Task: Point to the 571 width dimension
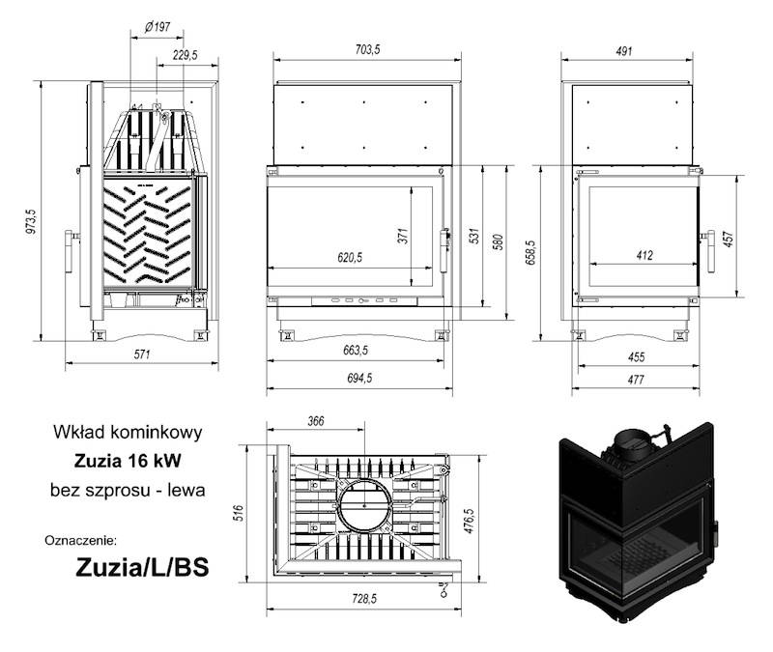pyautogui.click(x=143, y=354)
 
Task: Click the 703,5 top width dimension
pyautogui.click(x=362, y=50)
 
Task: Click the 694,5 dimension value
pyautogui.click(x=358, y=379)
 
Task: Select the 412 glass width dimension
pyautogui.click(x=645, y=256)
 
